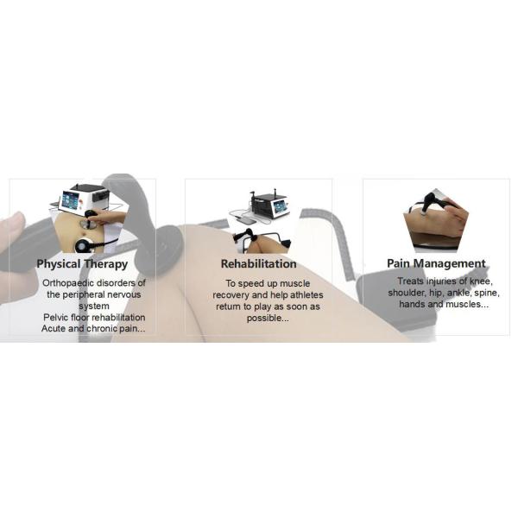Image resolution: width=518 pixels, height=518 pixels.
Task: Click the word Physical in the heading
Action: click(x=59, y=264)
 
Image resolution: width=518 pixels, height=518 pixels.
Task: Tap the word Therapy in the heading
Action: click(x=105, y=264)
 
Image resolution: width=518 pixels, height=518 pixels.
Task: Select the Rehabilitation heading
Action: click(x=259, y=263)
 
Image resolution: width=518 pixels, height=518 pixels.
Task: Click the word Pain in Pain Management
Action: click(x=399, y=263)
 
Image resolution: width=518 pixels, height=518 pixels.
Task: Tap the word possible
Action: click(x=268, y=319)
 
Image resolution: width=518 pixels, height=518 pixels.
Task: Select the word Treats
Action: click(x=410, y=281)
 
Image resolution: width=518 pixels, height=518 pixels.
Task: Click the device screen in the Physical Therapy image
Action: click(x=70, y=200)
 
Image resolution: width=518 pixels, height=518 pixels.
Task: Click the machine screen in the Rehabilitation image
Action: click(x=280, y=207)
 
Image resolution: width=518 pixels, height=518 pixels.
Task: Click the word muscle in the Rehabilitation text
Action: click(x=294, y=283)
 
